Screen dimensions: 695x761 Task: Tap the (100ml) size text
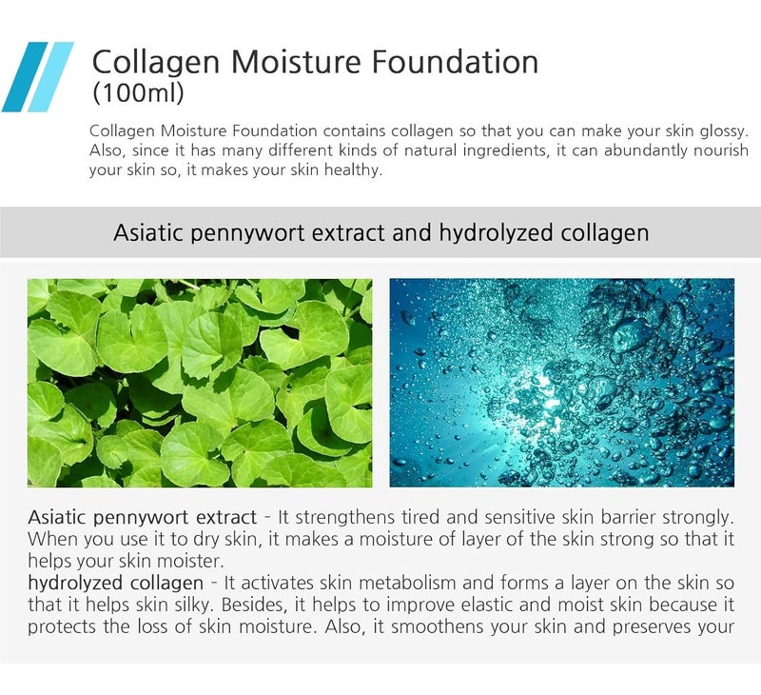click(137, 94)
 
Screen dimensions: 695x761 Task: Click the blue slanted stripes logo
click(37, 77)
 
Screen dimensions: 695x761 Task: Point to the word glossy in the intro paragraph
click(724, 129)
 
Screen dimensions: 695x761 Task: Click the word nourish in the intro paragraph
click(721, 150)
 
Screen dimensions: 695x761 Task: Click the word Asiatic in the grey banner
click(146, 232)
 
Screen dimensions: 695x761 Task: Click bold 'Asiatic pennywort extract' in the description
click(142, 518)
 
